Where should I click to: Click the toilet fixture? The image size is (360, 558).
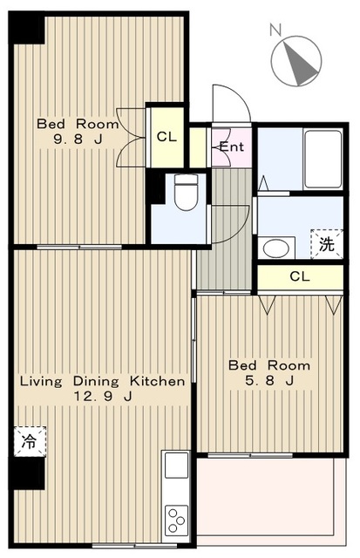pyautogui.click(x=186, y=191)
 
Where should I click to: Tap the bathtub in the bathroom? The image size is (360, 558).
pyautogui.click(x=323, y=159)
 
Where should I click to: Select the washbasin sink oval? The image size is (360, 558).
pyautogui.click(x=275, y=248)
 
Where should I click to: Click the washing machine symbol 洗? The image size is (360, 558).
pyautogui.click(x=327, y=244)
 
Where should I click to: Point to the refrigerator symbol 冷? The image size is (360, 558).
pyautogui.click(x=30, y=441)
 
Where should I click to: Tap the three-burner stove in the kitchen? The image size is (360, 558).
pyautogui.click(x=176, y=520)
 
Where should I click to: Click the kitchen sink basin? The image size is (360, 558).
pyautogui.click(x=176, y=465)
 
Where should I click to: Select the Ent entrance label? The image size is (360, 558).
pyautogui.click(x=232, y=146)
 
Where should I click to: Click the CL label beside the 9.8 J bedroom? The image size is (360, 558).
pyautogui.click(x=166, y=137)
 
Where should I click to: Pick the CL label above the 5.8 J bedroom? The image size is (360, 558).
pyautogui.click(x=300, y=276)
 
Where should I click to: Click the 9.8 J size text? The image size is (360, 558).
pyautogui.click(x=78, y=139)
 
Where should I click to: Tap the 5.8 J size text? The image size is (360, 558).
pyautogui.click(x=269, y=380)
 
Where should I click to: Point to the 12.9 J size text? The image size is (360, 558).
pyautogui.click(x=103, y=396)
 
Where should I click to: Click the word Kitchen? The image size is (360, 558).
pyautogui.click(x=157, y=381)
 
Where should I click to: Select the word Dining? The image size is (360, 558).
pyautogui.click(x=96, y=382)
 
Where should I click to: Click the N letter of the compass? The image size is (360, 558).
pyautogui.click(x=275, y=30)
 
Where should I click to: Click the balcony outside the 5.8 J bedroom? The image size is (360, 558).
pyautogui.click(x=271, y=501)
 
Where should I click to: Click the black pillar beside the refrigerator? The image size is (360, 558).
pyautogui.click(x=27, y=473)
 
